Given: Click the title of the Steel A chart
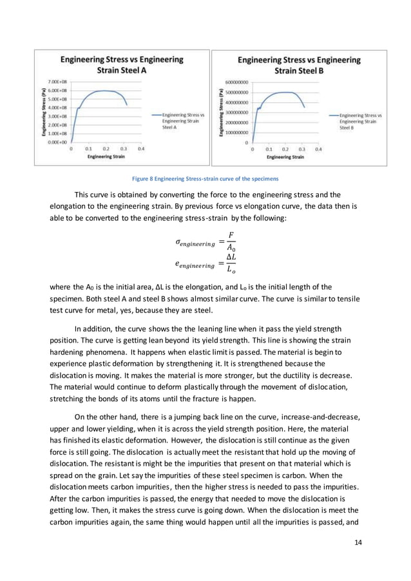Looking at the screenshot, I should [x=121, y=64].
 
